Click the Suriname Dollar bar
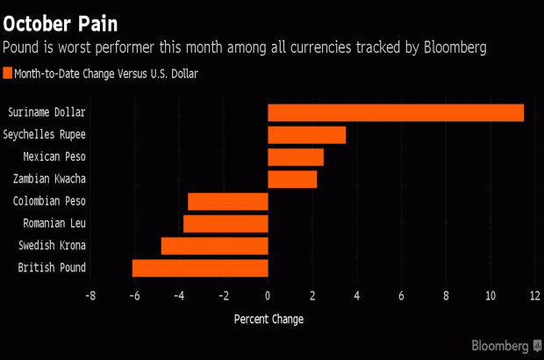395,112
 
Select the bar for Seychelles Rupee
306,134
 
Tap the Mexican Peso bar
295,157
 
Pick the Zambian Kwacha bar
291,179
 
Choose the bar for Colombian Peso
227,201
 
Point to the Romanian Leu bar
225,223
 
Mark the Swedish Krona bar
214,245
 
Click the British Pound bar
199,268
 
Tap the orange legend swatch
9,74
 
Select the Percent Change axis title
268,319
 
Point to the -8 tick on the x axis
89,296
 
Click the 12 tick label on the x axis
534,296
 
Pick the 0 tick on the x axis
268,296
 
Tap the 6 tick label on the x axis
401,296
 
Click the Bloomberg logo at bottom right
505,344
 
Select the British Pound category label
52,268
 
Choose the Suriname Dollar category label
47,112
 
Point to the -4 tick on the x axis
178,296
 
